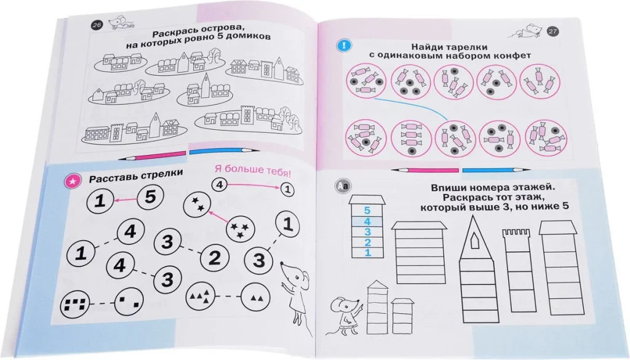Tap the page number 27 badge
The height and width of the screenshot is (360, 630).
[553, 31]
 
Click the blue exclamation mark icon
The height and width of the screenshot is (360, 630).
[343, 46]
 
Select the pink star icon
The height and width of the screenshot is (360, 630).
[73, 182]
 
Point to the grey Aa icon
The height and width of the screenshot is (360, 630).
[343, 186]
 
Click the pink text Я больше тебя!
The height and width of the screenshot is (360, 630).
[253, 170]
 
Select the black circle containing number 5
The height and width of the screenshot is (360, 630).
[150, 198]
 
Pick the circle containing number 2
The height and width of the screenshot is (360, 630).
[215, 258]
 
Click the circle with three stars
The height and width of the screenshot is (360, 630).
[241, 230]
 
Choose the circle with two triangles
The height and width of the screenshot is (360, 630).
[255, 297]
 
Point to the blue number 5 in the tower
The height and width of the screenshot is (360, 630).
[367, 210]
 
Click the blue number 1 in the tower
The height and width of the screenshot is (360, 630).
[368, 252]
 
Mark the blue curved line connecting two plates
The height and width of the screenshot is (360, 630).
[414, 106]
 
